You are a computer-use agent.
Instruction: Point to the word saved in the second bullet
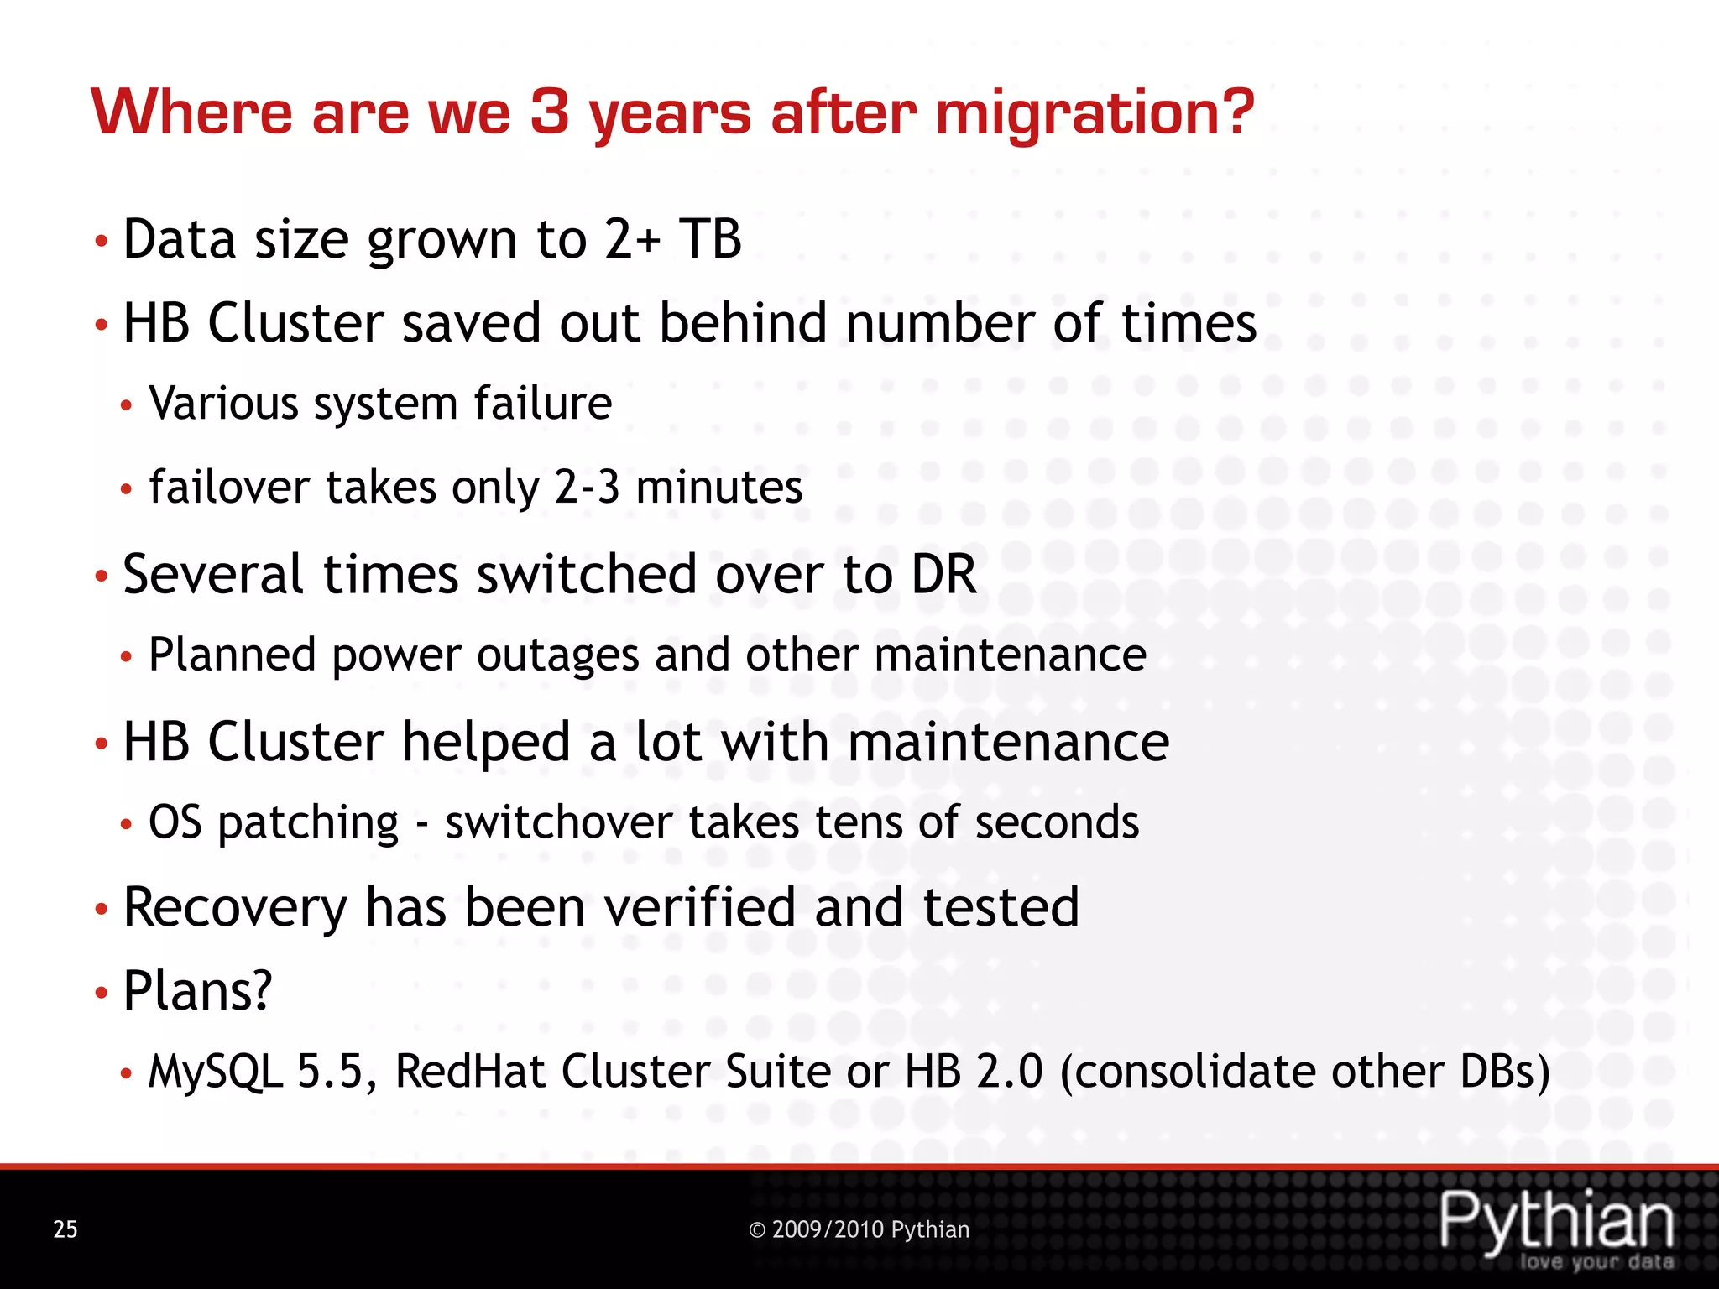click(471, 323)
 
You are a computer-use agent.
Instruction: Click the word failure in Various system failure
click(542, 404)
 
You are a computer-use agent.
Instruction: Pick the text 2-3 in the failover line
click(587, 488)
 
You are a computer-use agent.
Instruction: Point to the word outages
click(558, 655)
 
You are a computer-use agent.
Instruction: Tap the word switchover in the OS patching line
click(558, 822)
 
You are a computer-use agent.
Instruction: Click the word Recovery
click(235, 908)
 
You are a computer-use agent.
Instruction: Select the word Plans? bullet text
click(197, 991)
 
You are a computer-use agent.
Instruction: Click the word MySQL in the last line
click(216, 1072)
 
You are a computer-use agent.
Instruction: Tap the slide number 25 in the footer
click(65, 1229)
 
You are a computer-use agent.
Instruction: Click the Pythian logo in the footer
click(1557, 1227)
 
